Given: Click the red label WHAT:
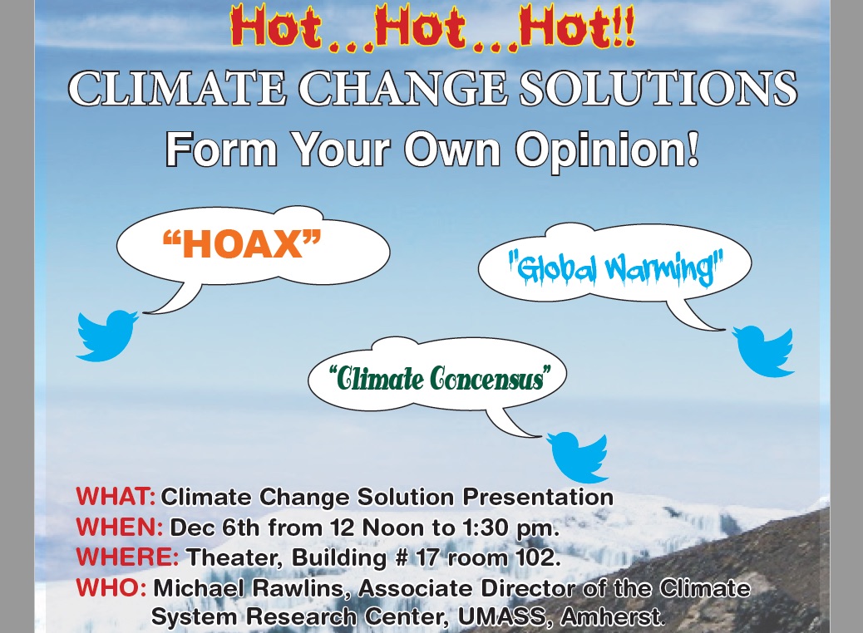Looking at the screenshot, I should pos(116,498).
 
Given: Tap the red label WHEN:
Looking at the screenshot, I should pos(119,527).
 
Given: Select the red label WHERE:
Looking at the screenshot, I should pos(127,556).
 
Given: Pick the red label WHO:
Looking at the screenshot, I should pos(111,588).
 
